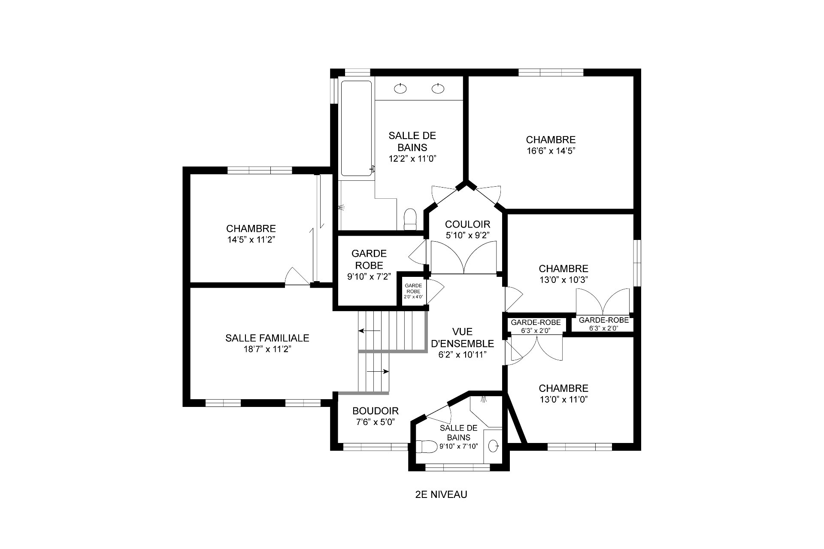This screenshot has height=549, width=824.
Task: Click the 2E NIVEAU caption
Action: [441, 494]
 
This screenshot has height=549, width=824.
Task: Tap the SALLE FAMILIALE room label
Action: [267, 338]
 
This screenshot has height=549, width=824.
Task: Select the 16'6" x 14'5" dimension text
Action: [551, 151]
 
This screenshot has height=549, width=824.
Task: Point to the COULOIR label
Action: [467, 224]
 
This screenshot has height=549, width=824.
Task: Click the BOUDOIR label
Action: [376, 411]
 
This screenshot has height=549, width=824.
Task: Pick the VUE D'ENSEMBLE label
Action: [462, 337]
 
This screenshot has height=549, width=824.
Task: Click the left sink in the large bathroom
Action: [400, 89]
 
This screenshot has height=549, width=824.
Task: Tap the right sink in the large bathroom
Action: [438, 89]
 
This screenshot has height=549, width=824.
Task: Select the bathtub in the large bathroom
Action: [356, 128]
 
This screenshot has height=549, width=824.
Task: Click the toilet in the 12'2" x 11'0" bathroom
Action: [411, 219]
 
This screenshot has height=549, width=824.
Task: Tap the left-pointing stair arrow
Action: [369, 331]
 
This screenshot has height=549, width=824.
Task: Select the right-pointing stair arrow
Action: [378, 371]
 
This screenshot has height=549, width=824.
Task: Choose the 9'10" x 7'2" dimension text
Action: [369, 277]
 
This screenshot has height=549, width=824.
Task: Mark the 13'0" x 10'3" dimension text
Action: [563, 279]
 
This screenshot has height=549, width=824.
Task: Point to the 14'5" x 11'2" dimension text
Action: [251, 240]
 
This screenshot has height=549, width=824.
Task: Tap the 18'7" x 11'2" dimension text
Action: [267, 349]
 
